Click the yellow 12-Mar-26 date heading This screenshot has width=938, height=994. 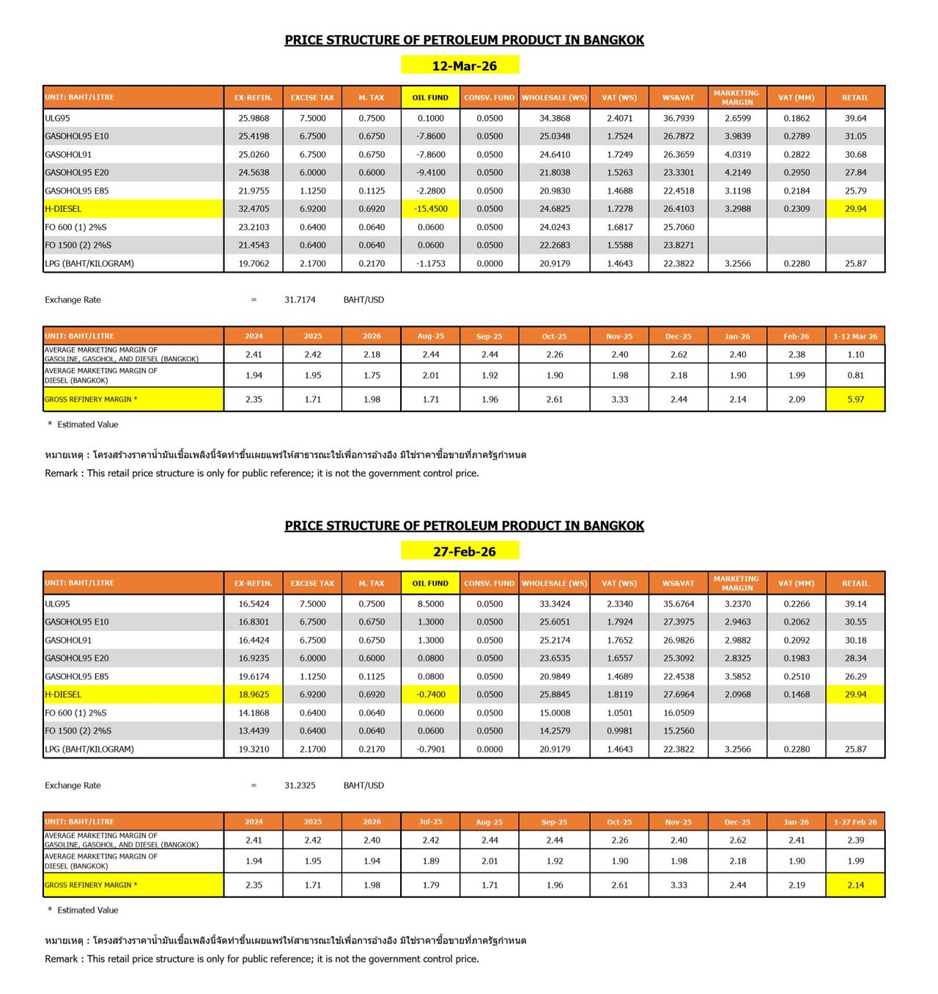coord(464,66)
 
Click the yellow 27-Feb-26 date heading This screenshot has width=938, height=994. coord(464,551)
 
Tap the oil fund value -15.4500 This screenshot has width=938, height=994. coord(431,209)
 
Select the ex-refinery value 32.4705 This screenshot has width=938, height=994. coord(254,209)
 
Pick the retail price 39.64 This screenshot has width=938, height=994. coord(855,118)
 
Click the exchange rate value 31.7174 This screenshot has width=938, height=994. coord(300,300)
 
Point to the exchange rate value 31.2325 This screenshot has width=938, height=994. coord(300,785)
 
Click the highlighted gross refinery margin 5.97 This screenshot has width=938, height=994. coord(855,400)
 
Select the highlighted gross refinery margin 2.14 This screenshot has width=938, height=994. coord(855,885)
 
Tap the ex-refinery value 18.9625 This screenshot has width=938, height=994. coord(254,694)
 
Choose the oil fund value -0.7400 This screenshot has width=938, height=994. coord(431,694)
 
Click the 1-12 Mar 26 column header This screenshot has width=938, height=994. coord(855,336)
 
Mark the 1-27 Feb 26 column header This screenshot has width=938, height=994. coord(855,822)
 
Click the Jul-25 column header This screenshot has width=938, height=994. coord(431,822)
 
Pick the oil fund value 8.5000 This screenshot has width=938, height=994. coord(431,604)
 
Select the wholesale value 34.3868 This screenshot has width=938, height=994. coord(555,118)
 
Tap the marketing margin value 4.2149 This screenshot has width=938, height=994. coord(737,173)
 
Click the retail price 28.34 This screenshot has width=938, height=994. coord(855,658)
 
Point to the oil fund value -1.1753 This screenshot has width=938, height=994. coord(431,264)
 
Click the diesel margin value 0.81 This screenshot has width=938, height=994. coord(855,375)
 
